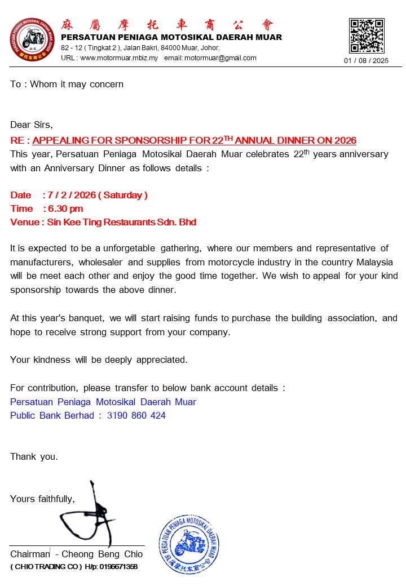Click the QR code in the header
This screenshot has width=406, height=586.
367,35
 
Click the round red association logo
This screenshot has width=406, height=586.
32,40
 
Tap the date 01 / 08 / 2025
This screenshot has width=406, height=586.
367,61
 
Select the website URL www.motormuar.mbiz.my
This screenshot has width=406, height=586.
119,58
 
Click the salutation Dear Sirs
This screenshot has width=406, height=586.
32,125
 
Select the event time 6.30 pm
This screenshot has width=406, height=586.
65,208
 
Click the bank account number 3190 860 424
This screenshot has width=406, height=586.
136,415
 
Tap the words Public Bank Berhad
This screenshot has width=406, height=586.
52,415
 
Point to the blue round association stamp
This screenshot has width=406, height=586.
189,544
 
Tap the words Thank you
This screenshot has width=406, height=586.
34,456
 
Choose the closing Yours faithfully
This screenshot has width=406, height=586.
42,499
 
